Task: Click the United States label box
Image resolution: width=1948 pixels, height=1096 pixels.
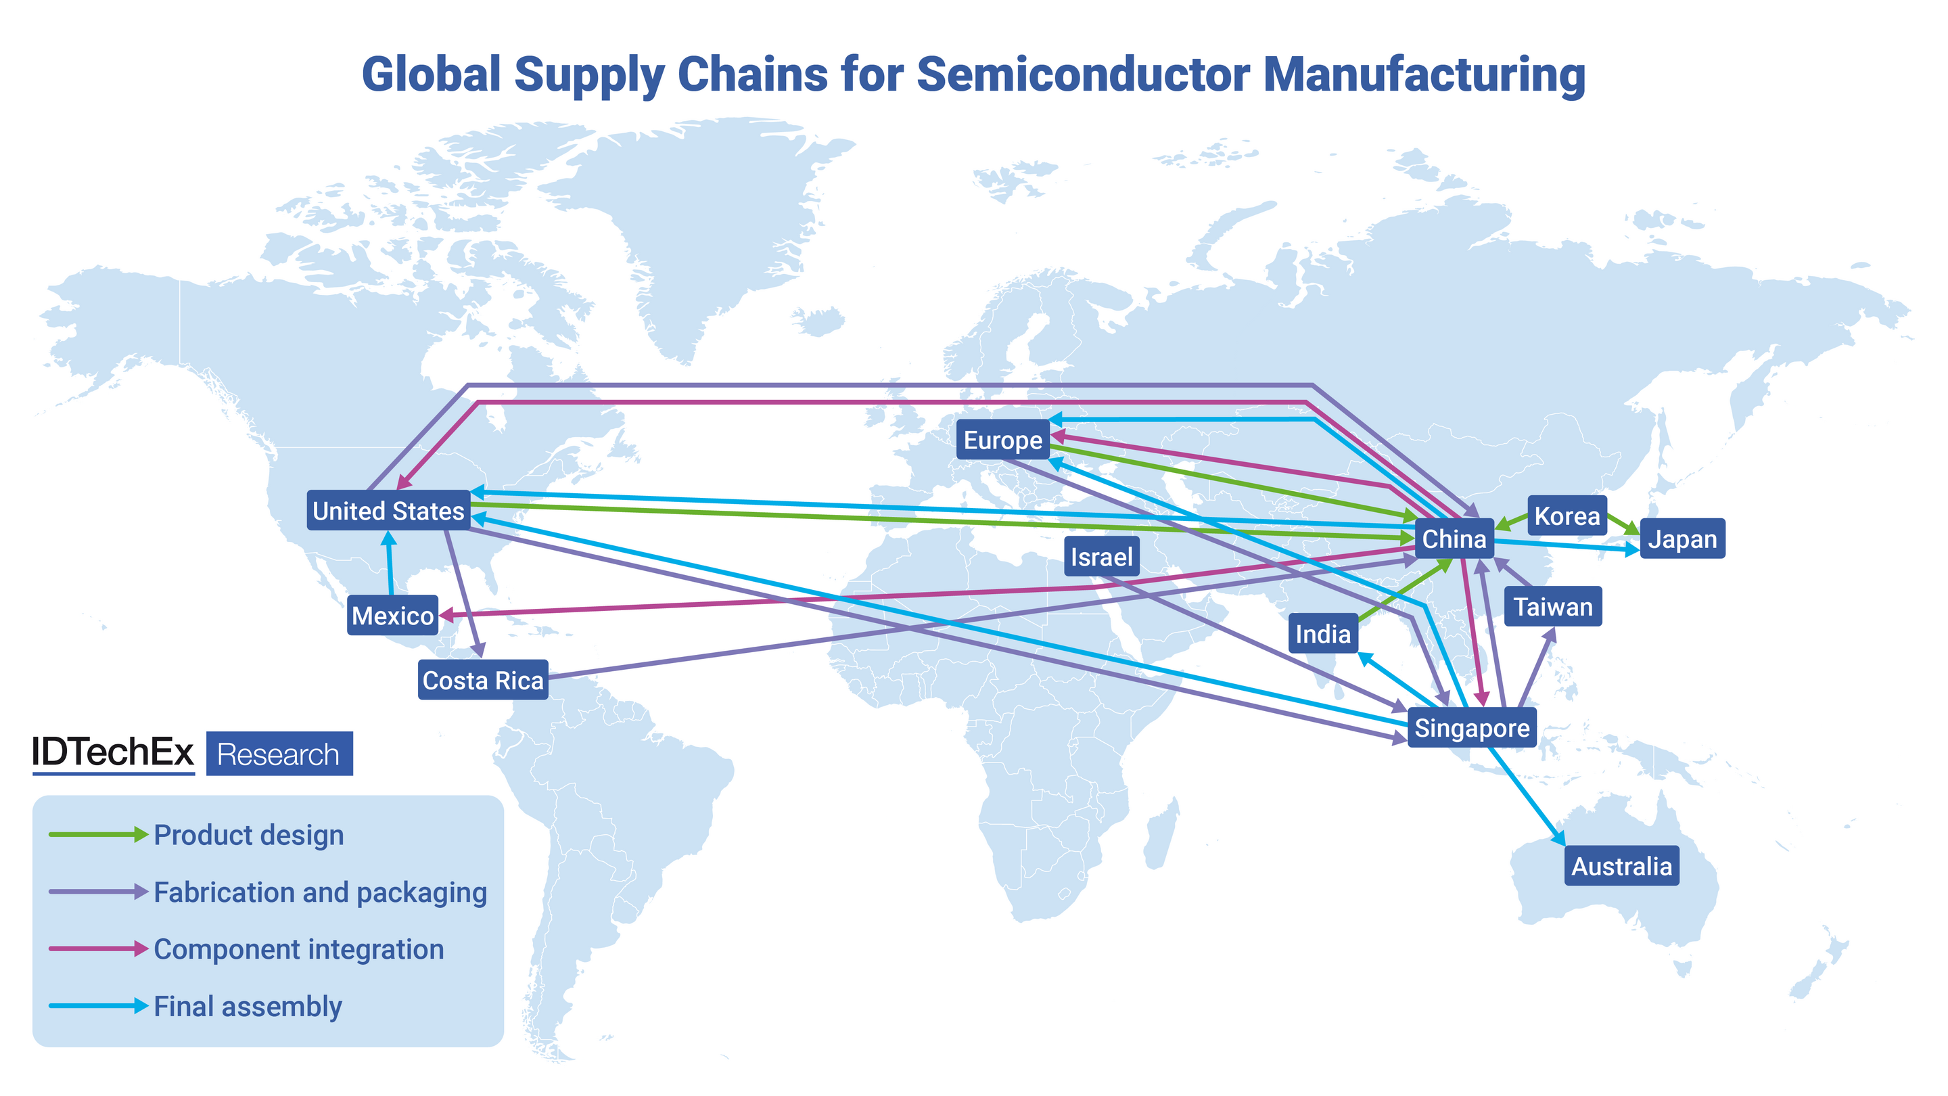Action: click(388, 511)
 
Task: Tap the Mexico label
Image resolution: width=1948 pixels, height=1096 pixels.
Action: click(392, 615)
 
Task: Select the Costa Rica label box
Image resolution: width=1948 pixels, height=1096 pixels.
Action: click(482, 680)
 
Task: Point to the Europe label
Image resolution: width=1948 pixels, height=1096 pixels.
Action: click(1002, 440)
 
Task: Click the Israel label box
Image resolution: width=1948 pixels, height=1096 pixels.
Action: click(1101, 557)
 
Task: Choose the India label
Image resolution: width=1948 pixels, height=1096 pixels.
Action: click(1322, 633)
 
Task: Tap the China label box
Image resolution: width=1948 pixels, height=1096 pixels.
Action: click(1454, 539)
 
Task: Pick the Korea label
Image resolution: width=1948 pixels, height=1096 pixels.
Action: click(1567, 516)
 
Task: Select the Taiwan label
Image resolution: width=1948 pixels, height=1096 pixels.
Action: click(1552, 606)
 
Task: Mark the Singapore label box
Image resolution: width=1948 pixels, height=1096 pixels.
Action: click(1472, 728)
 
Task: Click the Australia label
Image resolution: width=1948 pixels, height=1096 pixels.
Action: click(1621, 865)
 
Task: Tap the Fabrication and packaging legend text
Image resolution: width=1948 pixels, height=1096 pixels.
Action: click(320, 892)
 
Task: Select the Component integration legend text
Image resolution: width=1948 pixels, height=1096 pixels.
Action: click(299, 949)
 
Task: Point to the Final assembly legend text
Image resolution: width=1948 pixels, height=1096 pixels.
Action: click(248, 1006)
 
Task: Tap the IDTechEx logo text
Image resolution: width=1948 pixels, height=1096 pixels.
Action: click(113, 752)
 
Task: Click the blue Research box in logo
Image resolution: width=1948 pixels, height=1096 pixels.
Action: click(279, 754)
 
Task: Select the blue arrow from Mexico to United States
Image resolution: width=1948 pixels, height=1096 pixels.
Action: click(390, 564)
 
